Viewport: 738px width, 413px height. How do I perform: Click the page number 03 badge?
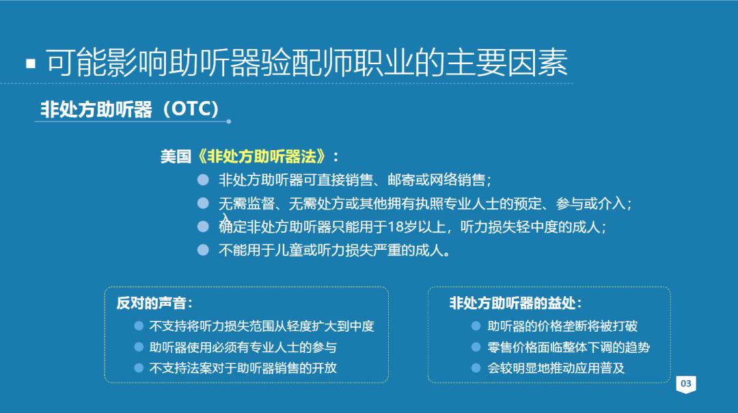tap(686, 384)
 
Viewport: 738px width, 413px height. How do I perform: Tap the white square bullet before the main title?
tap(30, 64)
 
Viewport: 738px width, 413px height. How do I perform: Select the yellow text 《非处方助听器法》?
tap(262, 156)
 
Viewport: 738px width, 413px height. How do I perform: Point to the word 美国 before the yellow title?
tap(176, 156)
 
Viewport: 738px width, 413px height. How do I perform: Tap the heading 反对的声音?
tap(154, 303)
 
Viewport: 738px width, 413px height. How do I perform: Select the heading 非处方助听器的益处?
tap(515, 303)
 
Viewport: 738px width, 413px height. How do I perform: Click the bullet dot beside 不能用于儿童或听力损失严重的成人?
tap(203, 250)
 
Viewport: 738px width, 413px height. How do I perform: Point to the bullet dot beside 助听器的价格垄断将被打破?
tap(476, 326)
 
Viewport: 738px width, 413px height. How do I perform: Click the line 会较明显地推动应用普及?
tap(556, 368)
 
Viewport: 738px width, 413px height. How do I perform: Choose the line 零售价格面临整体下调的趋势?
tap(569, 347)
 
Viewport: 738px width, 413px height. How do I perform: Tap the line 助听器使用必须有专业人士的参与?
tap(243, 347)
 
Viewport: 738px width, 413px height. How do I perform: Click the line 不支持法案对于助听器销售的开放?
tap(243, 368)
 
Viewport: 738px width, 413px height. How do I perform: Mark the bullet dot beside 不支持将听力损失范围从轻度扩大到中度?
tap(139, 326)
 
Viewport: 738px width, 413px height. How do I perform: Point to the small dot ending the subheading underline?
tap(228, 122)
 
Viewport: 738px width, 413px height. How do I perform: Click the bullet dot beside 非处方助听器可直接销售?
tap(203, 180)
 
